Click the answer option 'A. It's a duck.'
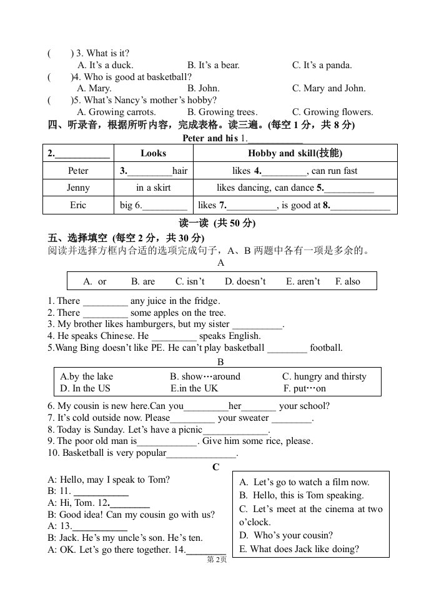(x=105, y=65)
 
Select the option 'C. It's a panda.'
(x=322, y=65)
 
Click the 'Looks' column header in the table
(x=154, y=153)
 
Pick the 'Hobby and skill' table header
(x=295, y=153)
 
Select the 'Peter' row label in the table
(x=78, y=171)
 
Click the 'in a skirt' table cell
(x=154, y=188)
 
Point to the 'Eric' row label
(x=78, y=205)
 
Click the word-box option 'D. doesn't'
(x=245, y=282)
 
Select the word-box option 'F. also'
(x=347, y=282)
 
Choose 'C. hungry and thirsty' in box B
(x=324, y=377)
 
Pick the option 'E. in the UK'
(x=194, y=388)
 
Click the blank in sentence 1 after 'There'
(x=105, y=301)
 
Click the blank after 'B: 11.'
(x=101, y=491)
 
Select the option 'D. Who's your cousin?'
(x=286, y=535)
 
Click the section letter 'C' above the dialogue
(x=216, y=467)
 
